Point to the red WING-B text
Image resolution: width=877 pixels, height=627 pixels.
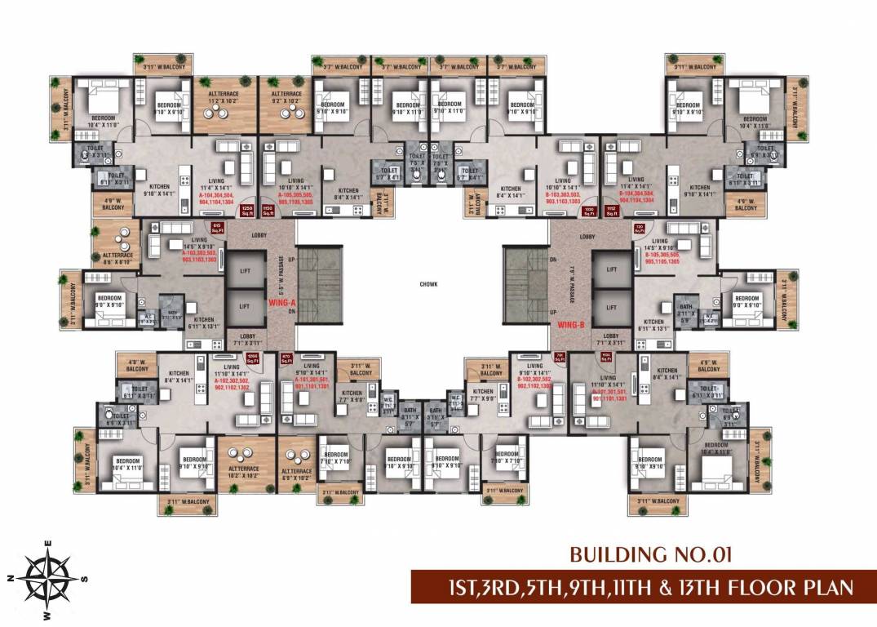573,325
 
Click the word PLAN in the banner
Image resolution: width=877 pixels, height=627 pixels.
819,587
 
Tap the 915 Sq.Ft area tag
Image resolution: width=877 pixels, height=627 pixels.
217,228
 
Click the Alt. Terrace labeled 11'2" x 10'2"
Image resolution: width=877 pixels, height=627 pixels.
216,99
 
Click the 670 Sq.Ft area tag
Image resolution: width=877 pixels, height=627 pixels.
286,358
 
